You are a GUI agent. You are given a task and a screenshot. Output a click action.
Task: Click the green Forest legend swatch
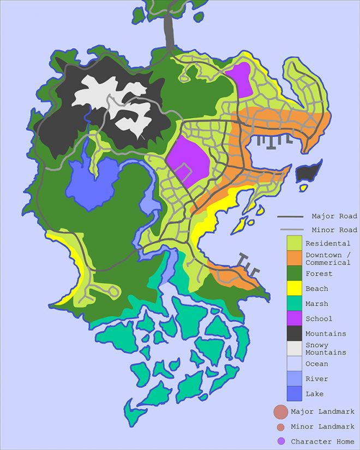(x=294, y=274)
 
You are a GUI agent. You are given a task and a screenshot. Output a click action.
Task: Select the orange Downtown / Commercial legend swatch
(x=294, y=259)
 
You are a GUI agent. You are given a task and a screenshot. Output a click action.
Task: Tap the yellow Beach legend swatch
(x=294, y=289)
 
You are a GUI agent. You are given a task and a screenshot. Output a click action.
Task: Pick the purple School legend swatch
(x=294, y=319)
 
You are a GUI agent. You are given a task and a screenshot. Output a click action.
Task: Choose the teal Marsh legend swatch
(x=294, y=304)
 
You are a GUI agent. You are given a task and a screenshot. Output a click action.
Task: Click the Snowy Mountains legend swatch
(x=294, y=349)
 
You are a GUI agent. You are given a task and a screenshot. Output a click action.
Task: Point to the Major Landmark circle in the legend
(x=280, y=412)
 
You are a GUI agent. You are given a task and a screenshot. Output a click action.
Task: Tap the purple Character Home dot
(x=280, y=441)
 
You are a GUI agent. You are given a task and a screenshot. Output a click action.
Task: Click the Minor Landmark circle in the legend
(x=280, y=427)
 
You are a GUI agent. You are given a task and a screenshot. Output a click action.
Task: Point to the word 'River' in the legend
(x=316, y=379)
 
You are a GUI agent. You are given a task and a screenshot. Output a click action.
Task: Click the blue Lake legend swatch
(x=294, y=393)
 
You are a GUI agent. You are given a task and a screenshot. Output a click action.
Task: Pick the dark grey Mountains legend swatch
(x=294, y=333)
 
